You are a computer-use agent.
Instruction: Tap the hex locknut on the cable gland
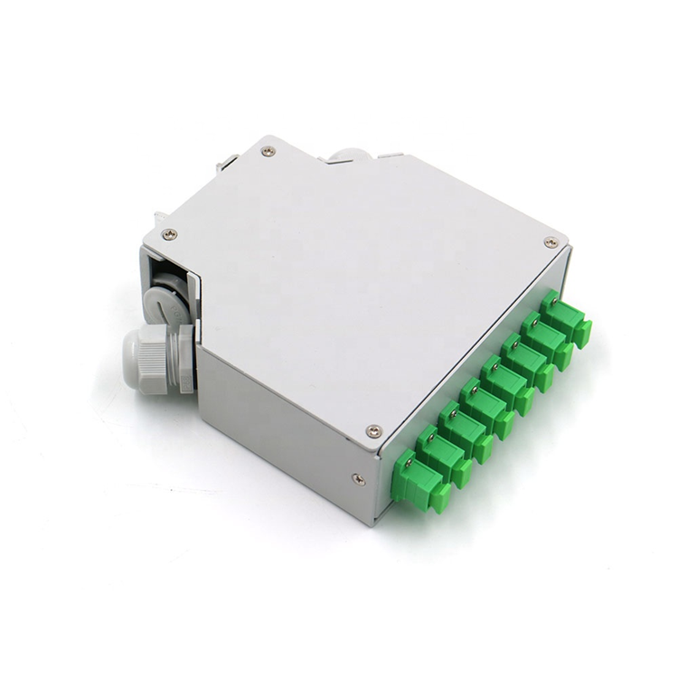[x=184, y=359]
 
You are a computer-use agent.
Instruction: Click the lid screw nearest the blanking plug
[x=169, y=234]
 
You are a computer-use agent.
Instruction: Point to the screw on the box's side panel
[x=359, y=478]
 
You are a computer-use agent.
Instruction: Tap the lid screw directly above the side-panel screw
[x=372, y=431]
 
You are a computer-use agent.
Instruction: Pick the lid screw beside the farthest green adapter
[x=550, y=242]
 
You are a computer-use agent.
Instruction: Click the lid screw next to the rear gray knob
[x=268, y=152]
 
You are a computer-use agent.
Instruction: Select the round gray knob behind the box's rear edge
[x=348, y=155]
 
